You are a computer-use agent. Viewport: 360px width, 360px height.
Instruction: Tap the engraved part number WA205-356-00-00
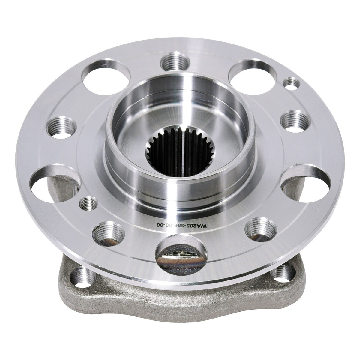point(182,226)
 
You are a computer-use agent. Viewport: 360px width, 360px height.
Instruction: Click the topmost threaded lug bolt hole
point(175,62)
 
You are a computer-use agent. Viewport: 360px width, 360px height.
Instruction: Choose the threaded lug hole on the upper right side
point(295,121)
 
